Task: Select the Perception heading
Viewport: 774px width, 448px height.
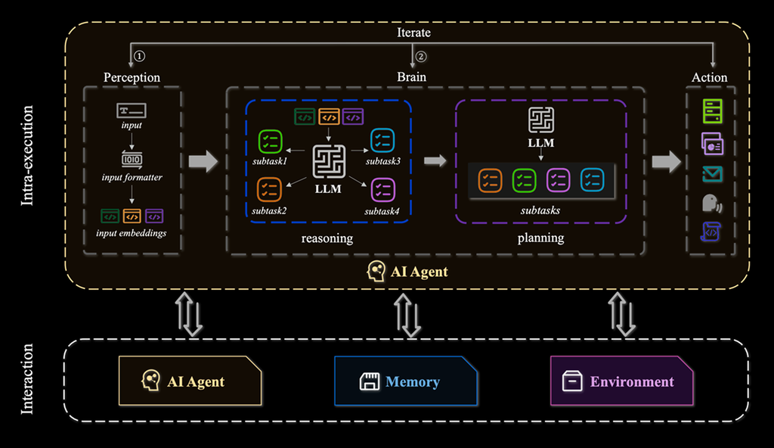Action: [x=132, y=77]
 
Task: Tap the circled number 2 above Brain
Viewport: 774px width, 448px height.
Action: [x=421, y=56]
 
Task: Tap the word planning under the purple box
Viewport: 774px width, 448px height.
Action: [x=540, y=238]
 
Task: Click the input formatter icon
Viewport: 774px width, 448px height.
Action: [x=132, y=160]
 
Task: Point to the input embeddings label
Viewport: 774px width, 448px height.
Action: [x=132, y=233]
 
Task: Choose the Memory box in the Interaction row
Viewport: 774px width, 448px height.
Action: [x=406, y=381]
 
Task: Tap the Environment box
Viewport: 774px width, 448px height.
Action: [x=622, y=381]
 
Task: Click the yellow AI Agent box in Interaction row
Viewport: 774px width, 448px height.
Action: [x=190, y=381]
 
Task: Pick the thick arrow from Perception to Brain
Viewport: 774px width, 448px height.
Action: [x=203, y=161]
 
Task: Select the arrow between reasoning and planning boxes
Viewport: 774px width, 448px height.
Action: [x=435, y=160]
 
